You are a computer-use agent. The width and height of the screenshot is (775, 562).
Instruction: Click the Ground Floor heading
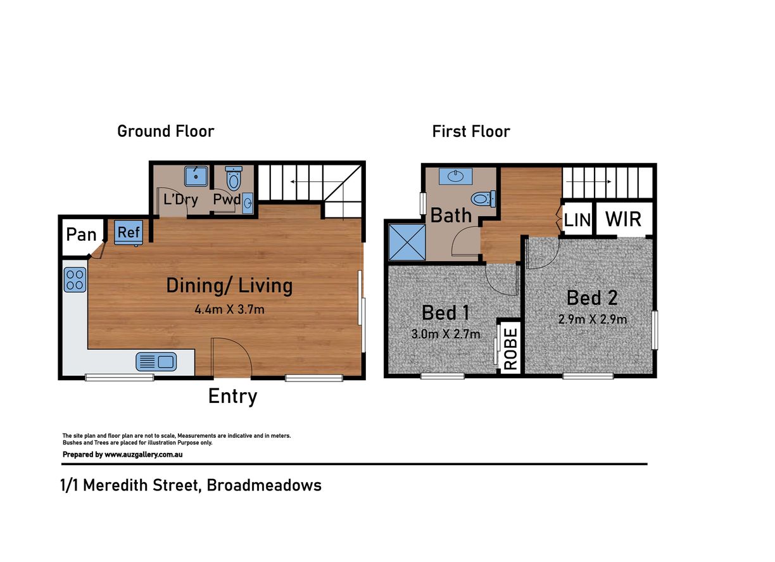[x=166, y=132]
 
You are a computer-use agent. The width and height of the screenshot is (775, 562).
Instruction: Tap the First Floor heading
[x=471, y=132]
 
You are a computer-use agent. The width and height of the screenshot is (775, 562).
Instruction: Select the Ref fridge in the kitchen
[x=129, y=233]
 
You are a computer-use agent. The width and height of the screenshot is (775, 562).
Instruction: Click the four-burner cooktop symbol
[x=75, y=280]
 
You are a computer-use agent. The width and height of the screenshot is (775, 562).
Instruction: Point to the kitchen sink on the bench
[x=156, y=362]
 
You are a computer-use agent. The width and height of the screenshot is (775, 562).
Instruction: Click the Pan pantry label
[x=81, y=235]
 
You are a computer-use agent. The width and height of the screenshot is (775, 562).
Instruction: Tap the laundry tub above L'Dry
[x=196, y=176]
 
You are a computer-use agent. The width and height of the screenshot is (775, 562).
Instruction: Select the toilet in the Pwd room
[x=234, y=178]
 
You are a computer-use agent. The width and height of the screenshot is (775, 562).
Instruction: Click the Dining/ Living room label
[x=229, y=286]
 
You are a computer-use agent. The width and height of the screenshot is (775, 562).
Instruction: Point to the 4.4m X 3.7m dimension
[x=229, y=309]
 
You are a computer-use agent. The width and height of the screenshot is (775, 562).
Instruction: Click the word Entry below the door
[x=232, y=397]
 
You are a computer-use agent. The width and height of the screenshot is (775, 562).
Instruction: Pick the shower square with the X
[x=407, y=242]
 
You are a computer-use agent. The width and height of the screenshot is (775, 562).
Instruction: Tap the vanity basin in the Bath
[x=456, y=177]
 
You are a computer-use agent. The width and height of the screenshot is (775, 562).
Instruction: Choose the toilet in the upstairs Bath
[x=483, y=199]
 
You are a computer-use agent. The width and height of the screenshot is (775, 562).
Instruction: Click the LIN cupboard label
[x=577, y=220]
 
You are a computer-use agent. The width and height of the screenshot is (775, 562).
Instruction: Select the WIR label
[x=623, y=219]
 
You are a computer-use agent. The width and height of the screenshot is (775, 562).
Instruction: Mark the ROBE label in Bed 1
[x=511, y=348]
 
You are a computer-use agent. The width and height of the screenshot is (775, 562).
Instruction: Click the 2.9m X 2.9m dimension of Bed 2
[x=592, y=319]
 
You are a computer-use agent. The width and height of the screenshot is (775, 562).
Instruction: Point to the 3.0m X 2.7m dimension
[x=446, y=334]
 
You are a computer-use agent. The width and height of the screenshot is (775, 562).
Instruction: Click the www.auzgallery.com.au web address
[x=144, y=455]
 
